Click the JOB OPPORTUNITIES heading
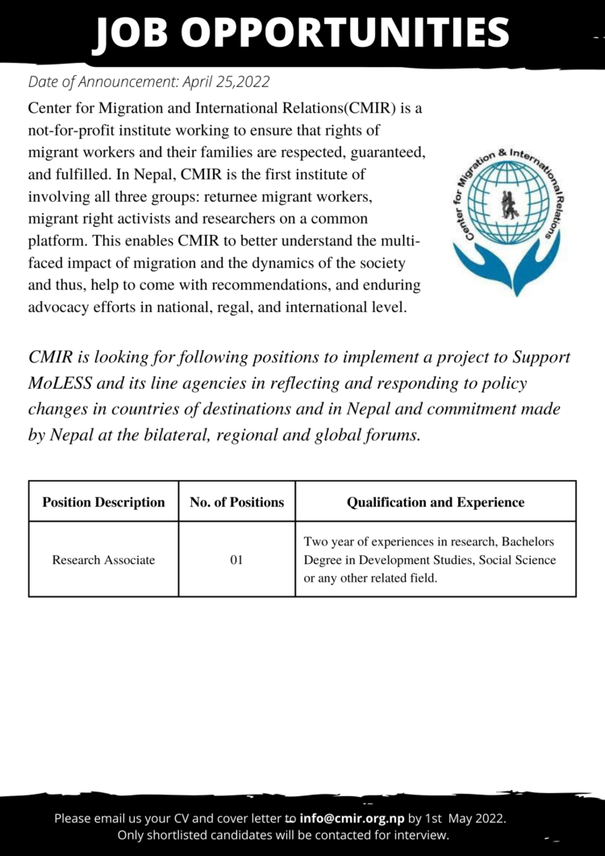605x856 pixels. coord(302,33)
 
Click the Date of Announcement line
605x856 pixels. coord(148,81)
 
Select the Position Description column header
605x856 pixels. coord(103,502)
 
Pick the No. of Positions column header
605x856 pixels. coord(236,502)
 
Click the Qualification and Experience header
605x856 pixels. coord(435,502)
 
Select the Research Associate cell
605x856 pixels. coord(103,559)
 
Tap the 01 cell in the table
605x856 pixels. coord(236,559)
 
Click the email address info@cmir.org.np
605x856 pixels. coord(352,818)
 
